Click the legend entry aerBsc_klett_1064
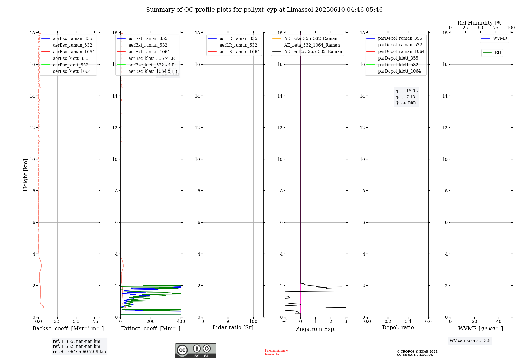click(72, 71)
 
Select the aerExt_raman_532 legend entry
click(148, 45)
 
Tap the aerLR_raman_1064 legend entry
click(239, 52)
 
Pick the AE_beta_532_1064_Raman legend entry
click(312, 45)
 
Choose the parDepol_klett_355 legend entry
click(398, 58)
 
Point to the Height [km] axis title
click(25, 175)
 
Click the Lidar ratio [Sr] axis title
click(233, 328)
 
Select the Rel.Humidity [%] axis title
click(480, 23)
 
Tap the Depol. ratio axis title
click(398, 328)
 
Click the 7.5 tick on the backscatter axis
click(95, 322)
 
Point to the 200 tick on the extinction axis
click(151, 322)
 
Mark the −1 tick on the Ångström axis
click(285, 322)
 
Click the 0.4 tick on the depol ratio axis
click(408, 322)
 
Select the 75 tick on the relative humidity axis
click(496, 28)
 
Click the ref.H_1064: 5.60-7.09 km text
click(79, 352)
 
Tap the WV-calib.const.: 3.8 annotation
click(470, 341)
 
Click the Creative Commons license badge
click(195, 351)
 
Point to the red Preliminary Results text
click(276, 352)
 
